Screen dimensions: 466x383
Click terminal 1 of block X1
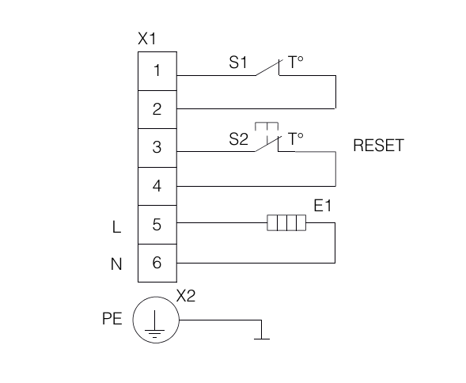157,71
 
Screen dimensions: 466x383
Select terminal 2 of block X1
157,109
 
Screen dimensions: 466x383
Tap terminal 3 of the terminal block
157,148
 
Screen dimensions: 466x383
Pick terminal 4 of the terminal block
157,186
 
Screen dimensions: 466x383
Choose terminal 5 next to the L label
157,225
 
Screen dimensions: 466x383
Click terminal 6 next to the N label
157,263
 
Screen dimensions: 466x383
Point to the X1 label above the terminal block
147,39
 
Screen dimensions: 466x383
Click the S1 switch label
238,63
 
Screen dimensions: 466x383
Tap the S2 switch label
238,138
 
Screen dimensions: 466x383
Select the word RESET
378,146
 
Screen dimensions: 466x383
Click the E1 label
323,206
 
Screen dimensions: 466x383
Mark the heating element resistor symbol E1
286,222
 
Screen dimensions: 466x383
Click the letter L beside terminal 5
117,227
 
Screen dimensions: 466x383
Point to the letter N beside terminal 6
116,264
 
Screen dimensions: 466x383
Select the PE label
112,318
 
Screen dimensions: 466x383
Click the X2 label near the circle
186,296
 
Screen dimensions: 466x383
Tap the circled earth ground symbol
156,320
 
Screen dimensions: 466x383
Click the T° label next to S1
296,63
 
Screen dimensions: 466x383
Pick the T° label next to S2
296,138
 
